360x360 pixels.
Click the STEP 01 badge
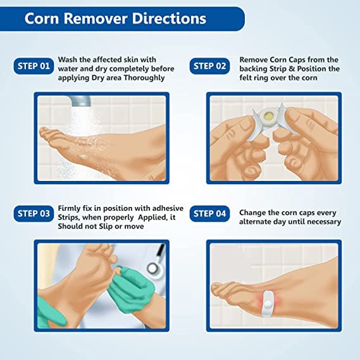point(33,66)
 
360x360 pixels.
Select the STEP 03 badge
point(33,213)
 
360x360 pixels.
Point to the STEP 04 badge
point(208,213)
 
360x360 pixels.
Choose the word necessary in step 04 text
point(321,222)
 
